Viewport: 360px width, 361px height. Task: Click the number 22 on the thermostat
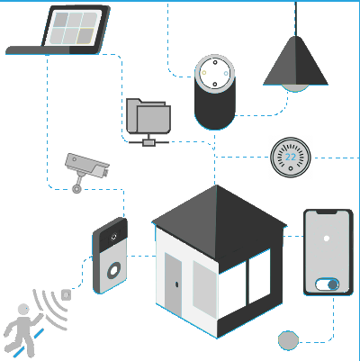(291, 157)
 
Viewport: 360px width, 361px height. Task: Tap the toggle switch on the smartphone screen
(328, 284)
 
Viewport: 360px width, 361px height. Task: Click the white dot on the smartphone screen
(327, 239)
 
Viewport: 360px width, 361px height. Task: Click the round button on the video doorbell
(114, 270)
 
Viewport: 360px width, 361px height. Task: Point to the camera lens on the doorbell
(113, 237)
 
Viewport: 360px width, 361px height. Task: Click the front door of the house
(174, 284)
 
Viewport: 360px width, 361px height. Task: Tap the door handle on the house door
(176, 284)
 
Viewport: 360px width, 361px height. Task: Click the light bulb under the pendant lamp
(295, 88)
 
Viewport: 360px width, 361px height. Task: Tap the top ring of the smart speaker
(215, 74)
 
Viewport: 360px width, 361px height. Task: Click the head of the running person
(23, 310)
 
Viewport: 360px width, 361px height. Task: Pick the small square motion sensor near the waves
(66, 294)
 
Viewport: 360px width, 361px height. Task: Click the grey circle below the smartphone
(288, 340)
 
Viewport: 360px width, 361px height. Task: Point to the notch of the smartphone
(327, 212)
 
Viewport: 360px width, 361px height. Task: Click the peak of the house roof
(216, 185)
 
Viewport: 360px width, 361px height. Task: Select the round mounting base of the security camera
(76, 189)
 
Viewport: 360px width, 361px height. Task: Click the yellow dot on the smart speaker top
(204, 73)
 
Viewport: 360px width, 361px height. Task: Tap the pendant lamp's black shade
(295, 61)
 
